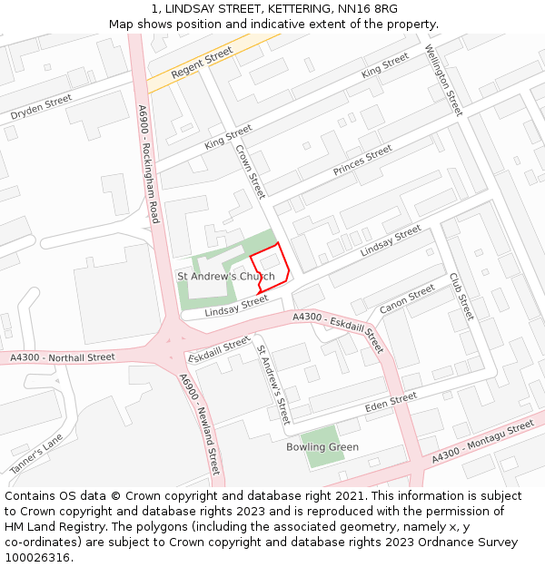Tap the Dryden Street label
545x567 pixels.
tap(41, 108)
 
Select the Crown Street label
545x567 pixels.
tap(251, 171)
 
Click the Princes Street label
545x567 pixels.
tap(362, 160)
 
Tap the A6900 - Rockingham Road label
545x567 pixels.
tap(149, 164)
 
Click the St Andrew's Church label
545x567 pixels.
tap(225, 276)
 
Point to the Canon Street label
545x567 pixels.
tap(407, 299)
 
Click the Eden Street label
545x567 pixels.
tap(391, 402)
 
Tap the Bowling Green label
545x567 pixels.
tap(322, 447)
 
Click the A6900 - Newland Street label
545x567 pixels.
tap(200, 425)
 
